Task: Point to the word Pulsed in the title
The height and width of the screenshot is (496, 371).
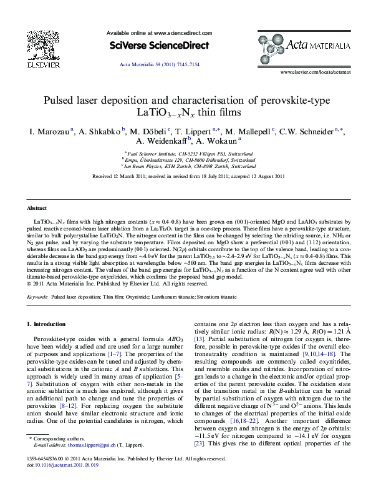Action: (x=61, y=101)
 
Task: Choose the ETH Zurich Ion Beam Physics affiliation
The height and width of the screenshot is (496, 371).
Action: (x=185, y=167)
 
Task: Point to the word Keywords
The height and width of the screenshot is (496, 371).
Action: (x=37, y=298)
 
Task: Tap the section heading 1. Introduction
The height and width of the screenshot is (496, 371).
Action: (x=48, y=324)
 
